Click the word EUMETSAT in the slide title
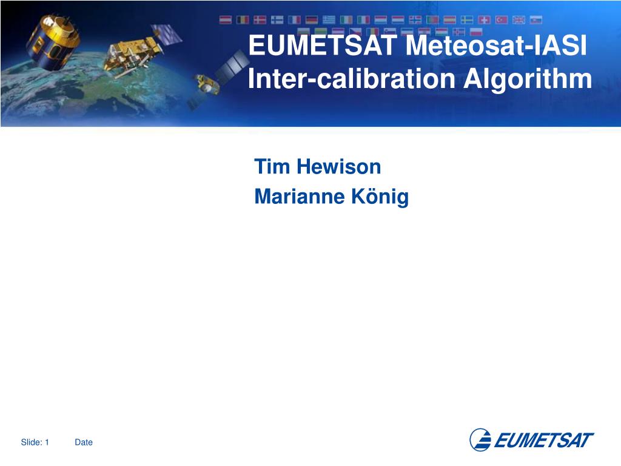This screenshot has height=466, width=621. point(323,45)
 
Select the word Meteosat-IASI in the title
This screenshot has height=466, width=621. point(496,45)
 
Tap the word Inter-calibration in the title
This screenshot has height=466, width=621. point(352,78)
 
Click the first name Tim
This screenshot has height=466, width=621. point(272,166)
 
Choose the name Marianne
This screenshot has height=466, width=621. point(300,197)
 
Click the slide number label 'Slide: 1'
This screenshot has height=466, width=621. point(35,442)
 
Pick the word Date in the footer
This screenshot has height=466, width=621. point(84,442)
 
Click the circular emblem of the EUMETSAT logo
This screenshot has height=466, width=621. point(480,440)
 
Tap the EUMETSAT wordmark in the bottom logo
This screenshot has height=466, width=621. point(544,441)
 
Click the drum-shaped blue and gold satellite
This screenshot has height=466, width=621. point(52,43)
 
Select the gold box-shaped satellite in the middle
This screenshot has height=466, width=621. point(132,55)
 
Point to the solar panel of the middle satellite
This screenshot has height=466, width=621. point(167,34)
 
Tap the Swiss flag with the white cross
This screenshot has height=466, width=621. point(484,20)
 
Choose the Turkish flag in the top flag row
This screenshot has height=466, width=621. point(502,20)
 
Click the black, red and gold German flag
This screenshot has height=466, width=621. point(311,20)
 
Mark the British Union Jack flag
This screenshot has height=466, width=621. point(519,20)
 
